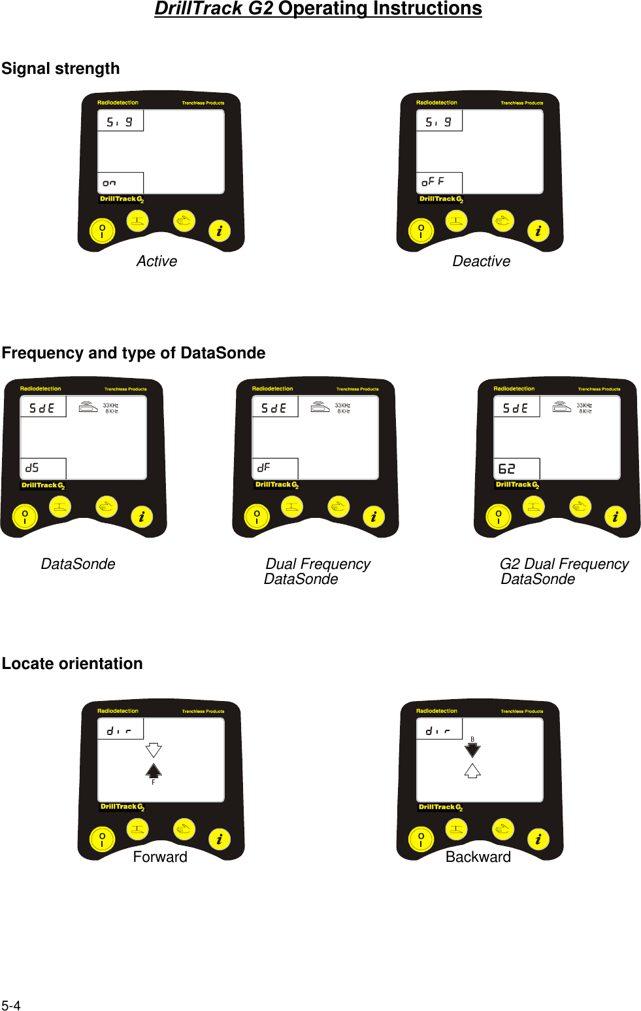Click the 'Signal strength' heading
pyautogui.click(x=61, y=69)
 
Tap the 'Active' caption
pyautogui.click(x=157, y=262)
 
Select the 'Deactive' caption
pyautogui.click(x=481, y=262)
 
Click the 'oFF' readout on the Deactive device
pyautogui.click(x=433, y=182)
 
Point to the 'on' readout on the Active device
pyautogui.click(x=109, y=183)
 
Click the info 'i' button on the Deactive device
pyautogui.click(x=538, y=231)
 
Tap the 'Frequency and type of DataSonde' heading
pyautogui.click(x=133, y=353)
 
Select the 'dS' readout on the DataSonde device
pyautogui.click(x=32, y=468)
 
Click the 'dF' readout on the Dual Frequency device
pyautogui.click(x=264, y=468)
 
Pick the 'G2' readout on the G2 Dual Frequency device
pyautogui.click(x=506, y=469)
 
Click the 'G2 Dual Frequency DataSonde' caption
pyautogui.click(x=563, y=572)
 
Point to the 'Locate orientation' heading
pyautogui.click(x=72, y=664)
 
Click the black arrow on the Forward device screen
pyautogui.click(x=154, y=770)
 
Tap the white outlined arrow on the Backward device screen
pyautogui.click(x=472, y=770)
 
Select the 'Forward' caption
pyautogui.click(x=160, y=857)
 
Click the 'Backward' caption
pyautogui.click(x=478, y=857)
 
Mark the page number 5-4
pyautogui.click(x=11, y=1006)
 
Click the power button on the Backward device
pyautogui.click(x=421, y=839)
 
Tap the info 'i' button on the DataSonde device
pyautogui.click(x=142, y=517)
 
